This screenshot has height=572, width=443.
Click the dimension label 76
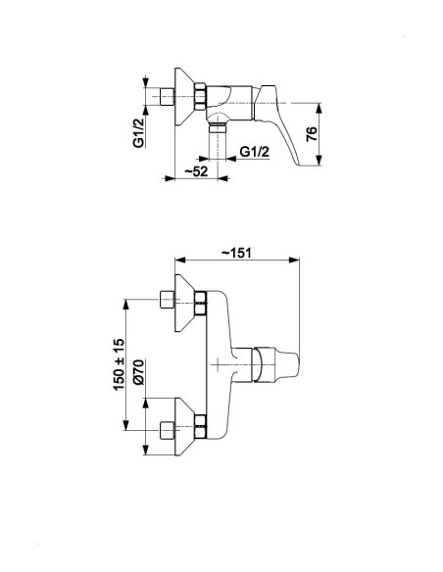point(312,134)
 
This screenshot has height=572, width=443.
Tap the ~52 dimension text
point(196,171)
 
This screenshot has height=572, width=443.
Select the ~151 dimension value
point(237,253)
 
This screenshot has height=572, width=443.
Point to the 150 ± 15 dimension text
point(119,364)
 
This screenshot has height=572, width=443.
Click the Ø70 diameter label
point(139,372)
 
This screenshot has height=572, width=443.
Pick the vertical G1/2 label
point(138,132)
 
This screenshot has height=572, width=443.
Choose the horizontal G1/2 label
point(255,152)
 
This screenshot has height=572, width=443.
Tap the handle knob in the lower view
point(275,364)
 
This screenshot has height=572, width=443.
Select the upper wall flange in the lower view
point(185,303)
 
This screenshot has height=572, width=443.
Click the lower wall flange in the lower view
point(185,426)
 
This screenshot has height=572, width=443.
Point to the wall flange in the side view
point(185,97)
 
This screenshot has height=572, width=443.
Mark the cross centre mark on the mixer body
point(218,364)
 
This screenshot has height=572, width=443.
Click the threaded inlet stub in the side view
point(168,97)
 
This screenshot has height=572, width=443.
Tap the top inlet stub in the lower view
point(168,300)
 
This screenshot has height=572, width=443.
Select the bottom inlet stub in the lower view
point(168,430)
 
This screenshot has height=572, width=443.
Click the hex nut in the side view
point(201,97)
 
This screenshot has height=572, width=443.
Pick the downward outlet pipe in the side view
point(218,141)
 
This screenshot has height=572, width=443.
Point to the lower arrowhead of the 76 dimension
point(319,161)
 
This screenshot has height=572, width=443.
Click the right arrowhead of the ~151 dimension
point(294,260)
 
